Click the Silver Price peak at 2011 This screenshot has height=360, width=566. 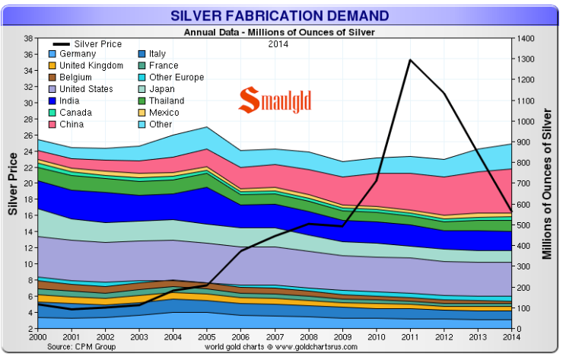click(411, 59)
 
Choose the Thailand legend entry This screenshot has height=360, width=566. click(168, 100)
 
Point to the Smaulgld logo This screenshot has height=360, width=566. click(275, 100)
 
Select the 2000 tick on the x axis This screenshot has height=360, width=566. click(38, 337)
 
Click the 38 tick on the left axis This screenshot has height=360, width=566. click(27, 39)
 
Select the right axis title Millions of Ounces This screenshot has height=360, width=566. click(547, 183)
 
